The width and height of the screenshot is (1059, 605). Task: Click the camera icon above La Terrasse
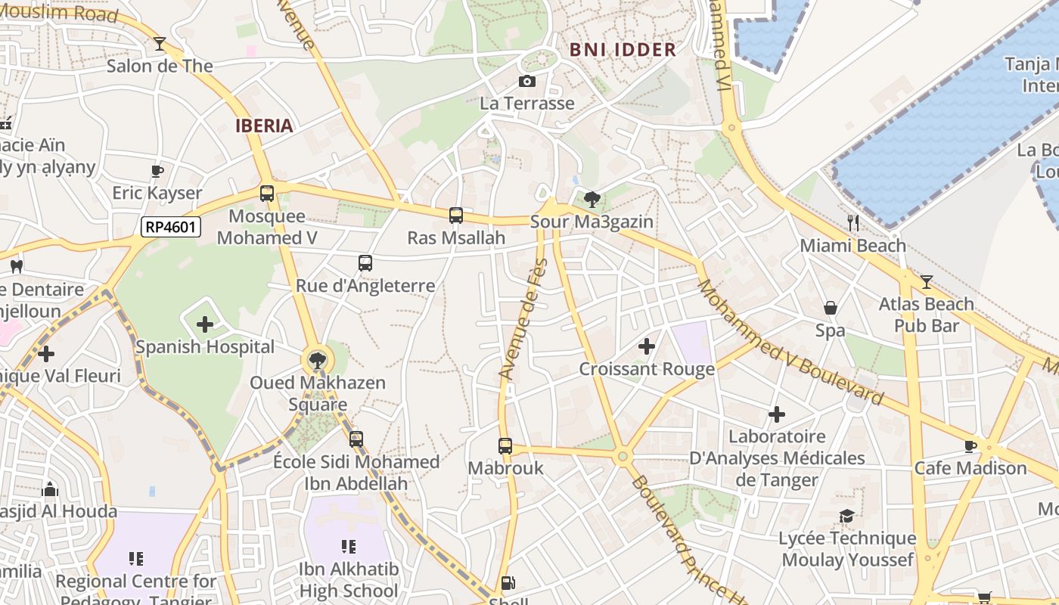tap(527, 81)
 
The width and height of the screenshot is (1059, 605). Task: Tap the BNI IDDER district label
tap(623, 50)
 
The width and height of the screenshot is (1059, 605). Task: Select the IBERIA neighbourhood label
tap(264, 126)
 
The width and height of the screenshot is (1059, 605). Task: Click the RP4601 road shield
tap(170, 226)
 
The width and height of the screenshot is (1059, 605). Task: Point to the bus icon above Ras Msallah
tap(455, 216)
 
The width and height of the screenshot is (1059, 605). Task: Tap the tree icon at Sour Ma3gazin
tap(592, 200)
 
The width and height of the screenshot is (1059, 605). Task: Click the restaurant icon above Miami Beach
tap(853, 222)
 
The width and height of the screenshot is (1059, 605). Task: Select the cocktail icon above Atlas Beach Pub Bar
tap(926, 281)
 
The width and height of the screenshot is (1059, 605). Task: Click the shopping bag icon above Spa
tap(830, 308)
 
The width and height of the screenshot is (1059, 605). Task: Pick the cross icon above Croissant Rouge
tap(646, 346)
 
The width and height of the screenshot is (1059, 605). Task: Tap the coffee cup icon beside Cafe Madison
tap(970, 446)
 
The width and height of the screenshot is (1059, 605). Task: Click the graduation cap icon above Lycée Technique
tap(847, 516)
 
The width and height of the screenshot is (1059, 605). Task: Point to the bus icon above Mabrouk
tap(505, 446)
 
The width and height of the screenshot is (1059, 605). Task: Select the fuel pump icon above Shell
tap(508, 582)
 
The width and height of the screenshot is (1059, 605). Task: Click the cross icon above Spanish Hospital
tap(204, 325)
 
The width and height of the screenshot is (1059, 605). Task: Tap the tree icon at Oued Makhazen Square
tap(317, 360)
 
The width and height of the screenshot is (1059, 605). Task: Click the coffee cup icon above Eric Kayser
tap(157, 171)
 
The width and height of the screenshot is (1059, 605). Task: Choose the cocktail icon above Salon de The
tap(160, 44)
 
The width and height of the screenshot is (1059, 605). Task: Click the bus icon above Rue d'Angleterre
tap(365, 263)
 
